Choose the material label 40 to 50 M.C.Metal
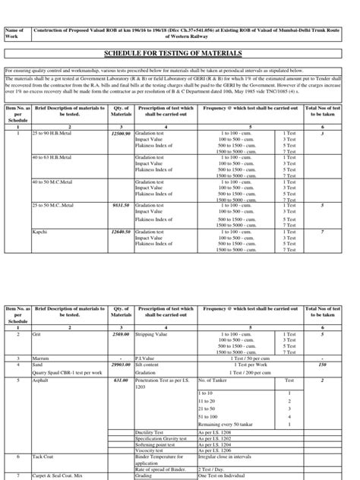pos(52,182)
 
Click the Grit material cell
pos(36,333)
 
